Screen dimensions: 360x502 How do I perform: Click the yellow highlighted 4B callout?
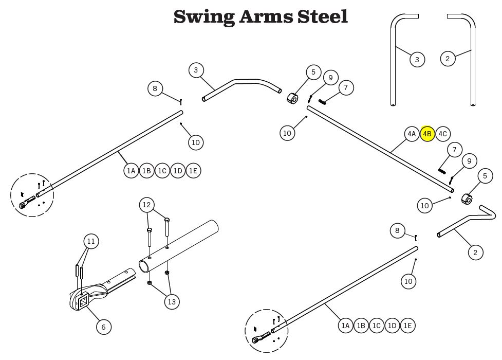pyautogui.click(x=427, y=134)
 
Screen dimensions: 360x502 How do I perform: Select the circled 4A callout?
pyautogui.click(x=412, y=134)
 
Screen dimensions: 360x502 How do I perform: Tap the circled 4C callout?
pyautogui.click(x=443, y=134)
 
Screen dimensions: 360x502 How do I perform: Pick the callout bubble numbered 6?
pyautogui.click(x=104, y=327)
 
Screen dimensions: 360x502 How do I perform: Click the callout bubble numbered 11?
pyautogui.click(x=91, y=241)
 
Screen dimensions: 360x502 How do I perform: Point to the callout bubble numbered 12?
pyautogui.click(x=147, y=205)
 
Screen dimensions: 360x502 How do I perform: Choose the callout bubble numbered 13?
pyautogui.click(x=172, y=302)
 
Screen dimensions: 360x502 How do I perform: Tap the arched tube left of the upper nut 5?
pyautogui.click(x=241, y=85)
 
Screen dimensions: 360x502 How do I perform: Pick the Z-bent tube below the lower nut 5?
pyautogui.click(x=465, y=222)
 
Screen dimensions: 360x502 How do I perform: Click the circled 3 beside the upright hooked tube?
pyautogui.click(x=417, y=60)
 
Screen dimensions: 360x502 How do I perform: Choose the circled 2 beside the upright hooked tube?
pyautogui.click(x=448, y=59)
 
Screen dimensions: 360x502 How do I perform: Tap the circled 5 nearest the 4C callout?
pyautogui.click(x=485, y=176)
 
